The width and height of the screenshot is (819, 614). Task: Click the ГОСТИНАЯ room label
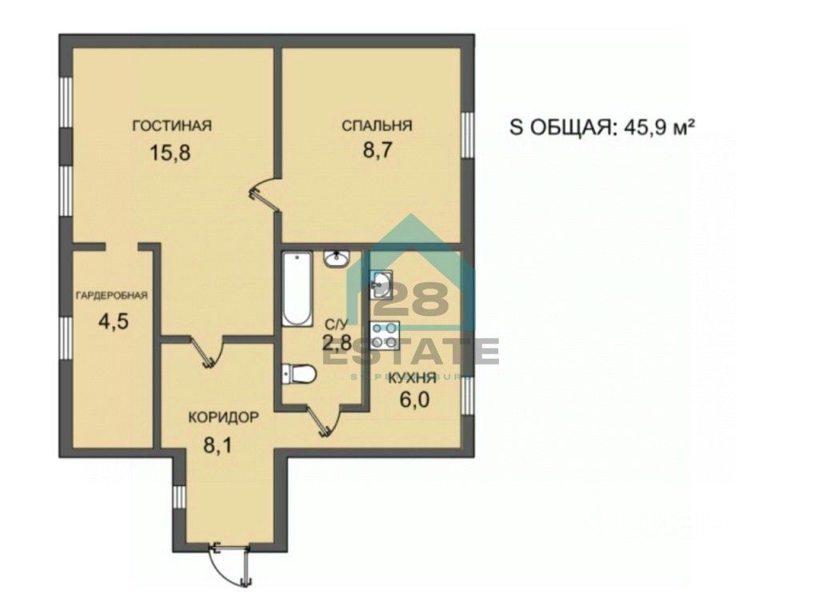(x=171, y=125)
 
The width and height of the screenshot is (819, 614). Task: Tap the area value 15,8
(x=170, y=153)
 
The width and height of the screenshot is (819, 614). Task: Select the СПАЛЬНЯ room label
(x=377, y=125)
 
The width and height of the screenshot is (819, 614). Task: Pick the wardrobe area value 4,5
(x=113, y=321)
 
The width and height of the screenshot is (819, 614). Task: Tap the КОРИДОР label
(x=223, y=417)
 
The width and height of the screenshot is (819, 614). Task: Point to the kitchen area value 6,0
(x=414, y=399)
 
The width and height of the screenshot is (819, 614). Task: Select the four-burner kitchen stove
(x=384, y=334)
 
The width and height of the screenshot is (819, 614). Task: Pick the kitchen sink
(x=382, y=283)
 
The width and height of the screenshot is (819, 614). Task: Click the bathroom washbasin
(x=336, y=259)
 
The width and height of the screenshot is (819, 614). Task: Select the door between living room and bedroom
(x=263, y=194)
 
